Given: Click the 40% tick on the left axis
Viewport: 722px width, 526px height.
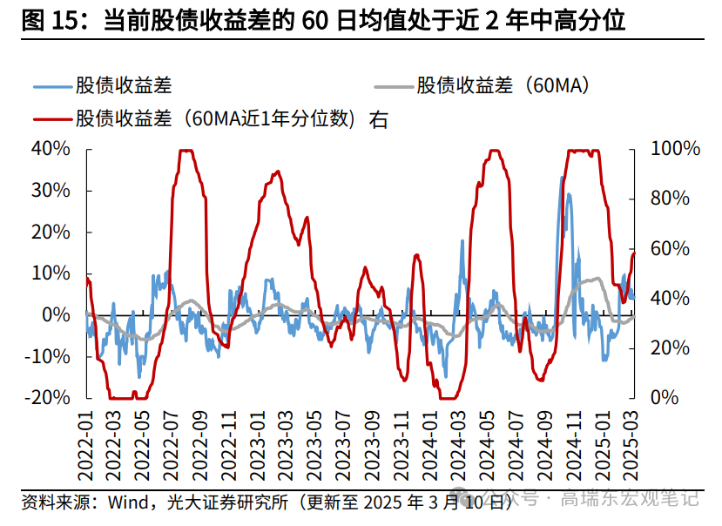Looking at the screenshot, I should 51,149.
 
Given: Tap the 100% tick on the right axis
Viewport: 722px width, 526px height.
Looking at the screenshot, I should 676,149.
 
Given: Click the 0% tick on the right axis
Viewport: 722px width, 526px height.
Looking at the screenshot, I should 665,397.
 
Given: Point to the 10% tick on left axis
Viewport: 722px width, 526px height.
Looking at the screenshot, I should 51,273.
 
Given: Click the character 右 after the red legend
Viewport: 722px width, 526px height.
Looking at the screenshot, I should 379,118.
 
